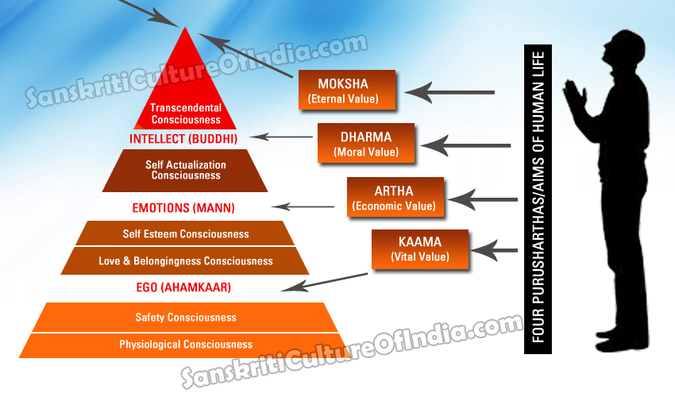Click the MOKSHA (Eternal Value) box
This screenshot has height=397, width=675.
click(x=347, y=90)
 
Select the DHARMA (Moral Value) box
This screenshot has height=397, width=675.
click(x=366, y=144)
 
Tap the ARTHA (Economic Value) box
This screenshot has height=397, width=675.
click(x=395, y=197)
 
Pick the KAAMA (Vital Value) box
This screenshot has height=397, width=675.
click(x=420, y=249)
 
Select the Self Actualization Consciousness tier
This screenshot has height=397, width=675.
click(x=185, y=171)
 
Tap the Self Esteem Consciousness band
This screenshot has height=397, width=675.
click(x=185, y=233)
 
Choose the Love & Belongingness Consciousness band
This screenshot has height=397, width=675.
click(x=185, y=261)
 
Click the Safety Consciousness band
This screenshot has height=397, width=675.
click(x=185, y=318)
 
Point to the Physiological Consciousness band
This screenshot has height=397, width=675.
click(x=185, y=345)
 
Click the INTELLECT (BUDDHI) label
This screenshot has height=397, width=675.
click(x=183, y=139)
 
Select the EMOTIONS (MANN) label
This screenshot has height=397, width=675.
click(x=183, y=208)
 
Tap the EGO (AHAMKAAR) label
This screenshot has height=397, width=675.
click(x=183, y=287)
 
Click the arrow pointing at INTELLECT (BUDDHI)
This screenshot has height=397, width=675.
click(x=281, y=137)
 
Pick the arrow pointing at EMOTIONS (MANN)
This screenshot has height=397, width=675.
click(x=303, y=206)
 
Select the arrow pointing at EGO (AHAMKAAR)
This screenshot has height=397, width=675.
click(x=324, y=282)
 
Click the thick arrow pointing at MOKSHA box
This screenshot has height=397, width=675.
click(x=449, y=92)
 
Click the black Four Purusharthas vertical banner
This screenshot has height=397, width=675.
click(x=538, y=199)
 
